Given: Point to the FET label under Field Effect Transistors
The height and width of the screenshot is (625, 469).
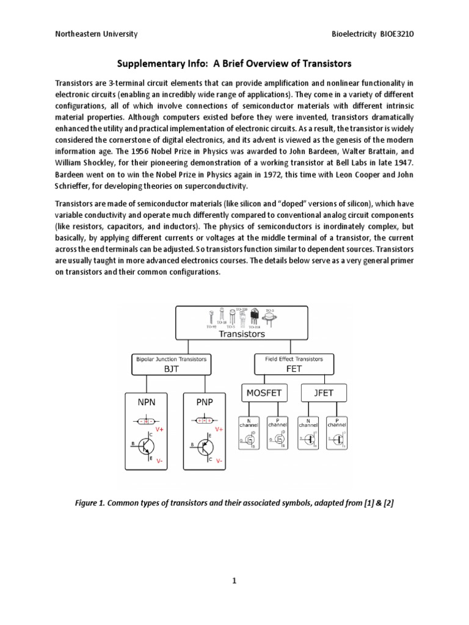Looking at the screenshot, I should (x=291, y=369).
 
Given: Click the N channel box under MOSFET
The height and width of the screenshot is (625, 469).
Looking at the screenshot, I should (x=248, y=433).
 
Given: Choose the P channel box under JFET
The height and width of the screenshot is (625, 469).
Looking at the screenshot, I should (x=335, y=433).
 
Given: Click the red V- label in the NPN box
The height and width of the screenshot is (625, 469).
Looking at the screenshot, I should (x=159, y=461).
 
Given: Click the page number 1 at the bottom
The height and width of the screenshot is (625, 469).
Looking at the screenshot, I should (x=234, y=580).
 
